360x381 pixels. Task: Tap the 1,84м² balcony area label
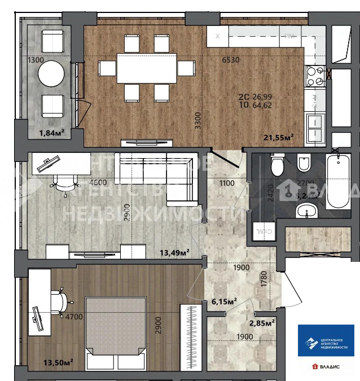pos(51,133)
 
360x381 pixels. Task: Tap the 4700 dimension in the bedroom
pos(73,317)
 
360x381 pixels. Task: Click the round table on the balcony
pos(51,72)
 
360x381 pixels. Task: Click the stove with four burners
pos(315,77)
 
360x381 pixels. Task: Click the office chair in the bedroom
pos(59,300)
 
